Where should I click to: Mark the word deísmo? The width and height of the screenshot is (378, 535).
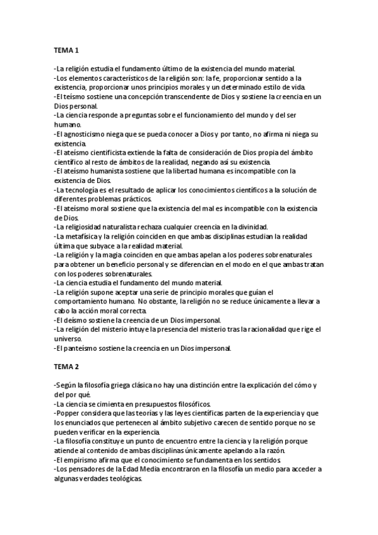75,320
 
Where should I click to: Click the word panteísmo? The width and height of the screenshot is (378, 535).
81,348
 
